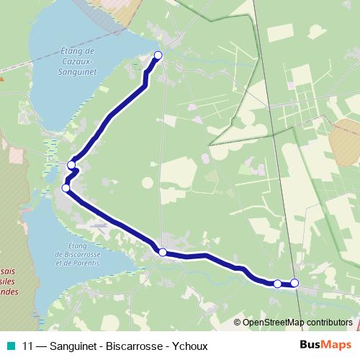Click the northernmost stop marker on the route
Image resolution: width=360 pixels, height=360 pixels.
158,55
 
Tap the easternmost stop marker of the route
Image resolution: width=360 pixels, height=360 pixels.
294,283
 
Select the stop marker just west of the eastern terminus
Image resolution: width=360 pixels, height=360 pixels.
277,284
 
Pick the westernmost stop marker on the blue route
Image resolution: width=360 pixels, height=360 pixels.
66,188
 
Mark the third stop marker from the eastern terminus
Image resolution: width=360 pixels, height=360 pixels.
163,252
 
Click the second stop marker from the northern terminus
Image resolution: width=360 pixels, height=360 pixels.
71,165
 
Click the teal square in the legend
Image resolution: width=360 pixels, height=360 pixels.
12,346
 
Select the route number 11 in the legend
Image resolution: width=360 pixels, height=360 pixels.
27,346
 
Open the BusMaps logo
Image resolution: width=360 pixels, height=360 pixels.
323,345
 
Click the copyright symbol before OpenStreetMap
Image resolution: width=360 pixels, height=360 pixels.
238,322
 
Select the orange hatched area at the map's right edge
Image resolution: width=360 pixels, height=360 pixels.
348,140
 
